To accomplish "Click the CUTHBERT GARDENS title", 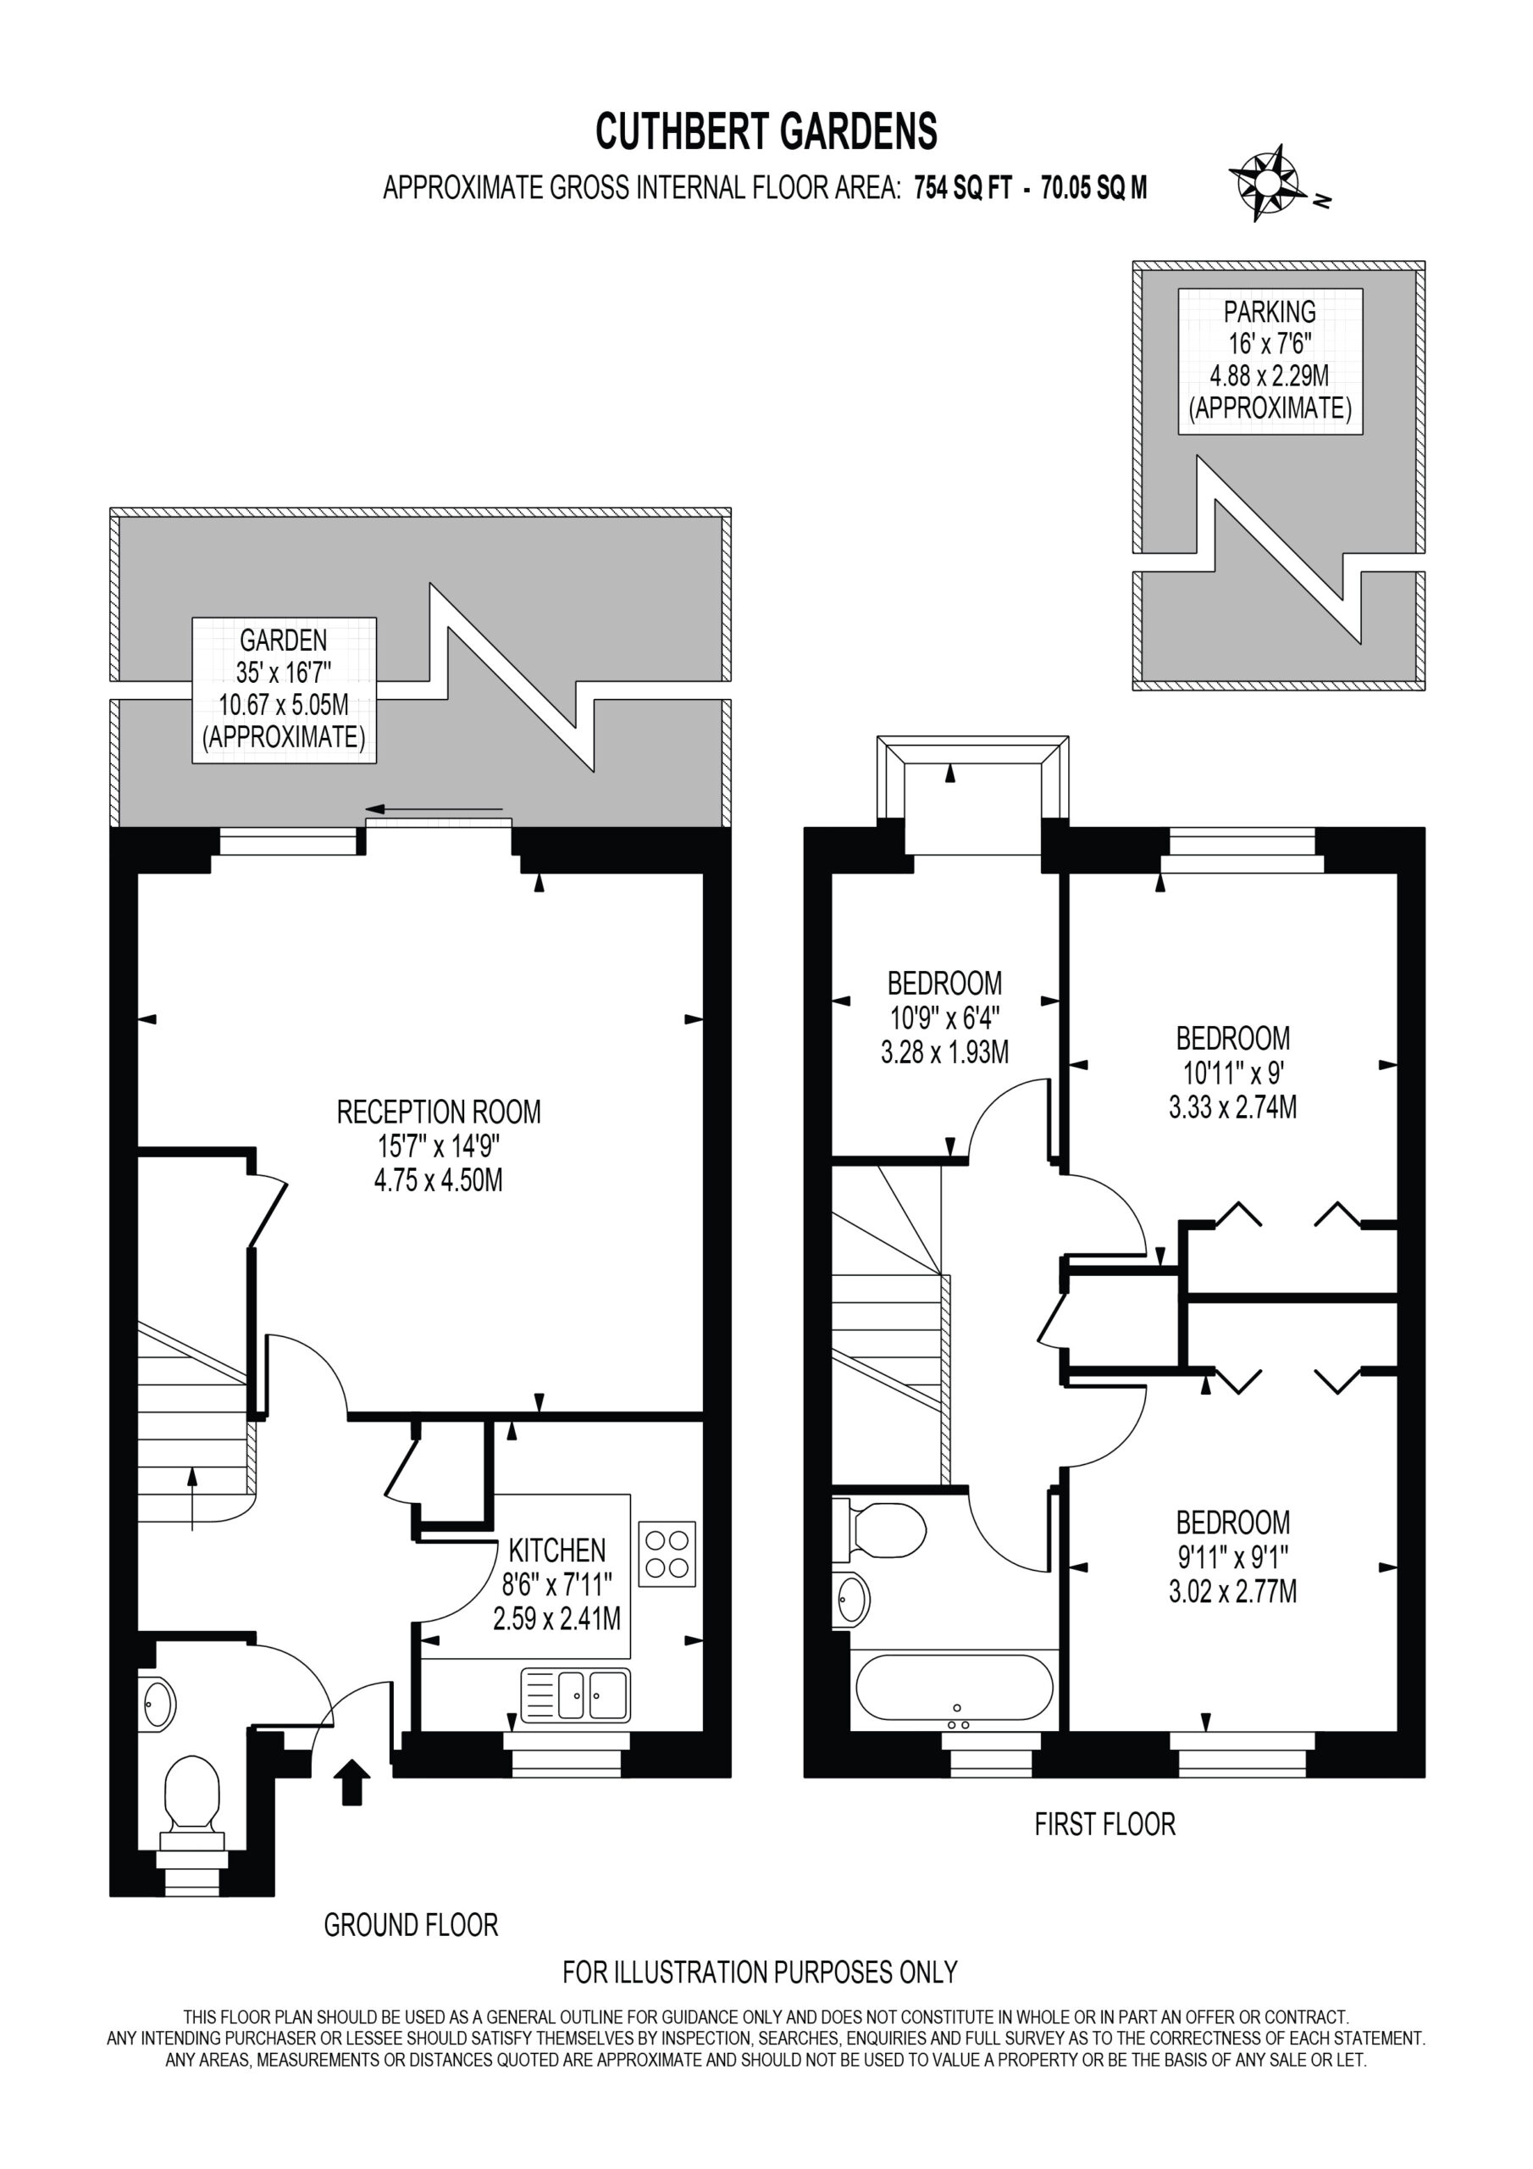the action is tap(766, 131).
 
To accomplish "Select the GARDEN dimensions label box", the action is tap(285, 690).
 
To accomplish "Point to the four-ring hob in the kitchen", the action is tap(667, 1553).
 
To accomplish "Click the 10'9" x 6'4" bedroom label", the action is tap(944, 1018).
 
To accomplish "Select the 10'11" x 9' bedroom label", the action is tap(1232, 1073).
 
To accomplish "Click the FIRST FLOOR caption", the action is tap(1105, 1824).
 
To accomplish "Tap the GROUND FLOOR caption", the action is tap(411, 1925).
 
